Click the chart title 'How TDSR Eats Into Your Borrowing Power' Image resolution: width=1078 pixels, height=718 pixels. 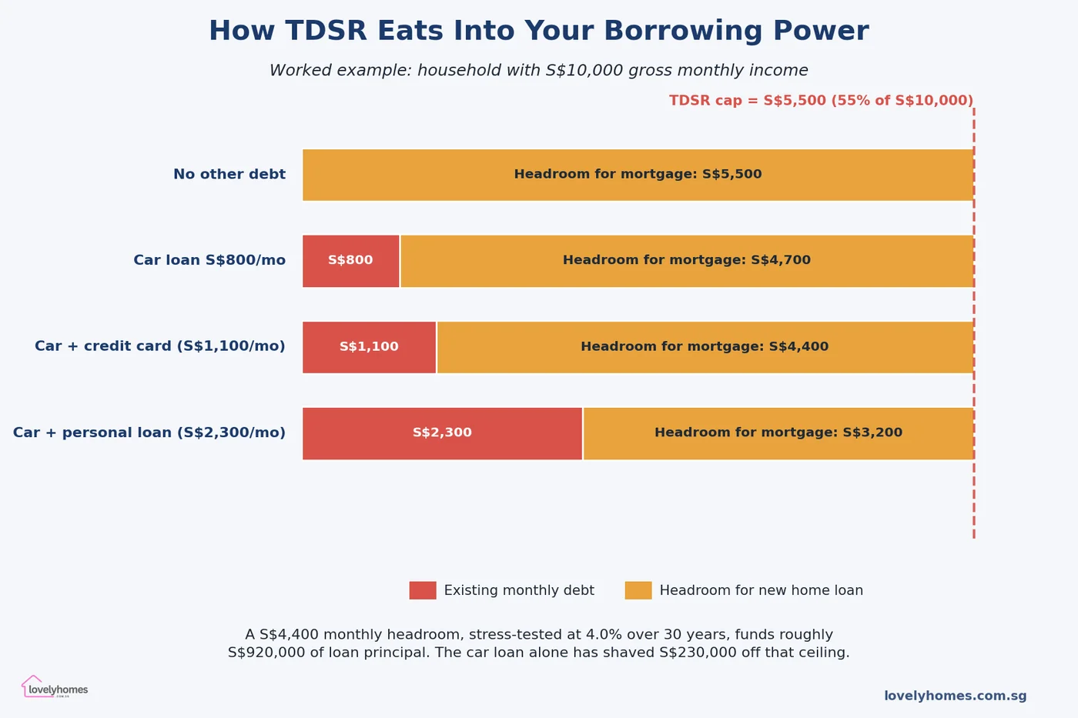(x=538, y=32)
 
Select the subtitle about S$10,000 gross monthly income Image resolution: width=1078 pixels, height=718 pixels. (x=538, y=71)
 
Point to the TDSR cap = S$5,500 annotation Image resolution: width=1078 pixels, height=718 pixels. (x=821, y=101)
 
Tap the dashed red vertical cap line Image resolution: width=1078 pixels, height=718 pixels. (x=974, y=500)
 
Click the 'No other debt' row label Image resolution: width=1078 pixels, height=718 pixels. (x=229, y=175)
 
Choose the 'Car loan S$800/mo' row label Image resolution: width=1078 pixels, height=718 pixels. (x=209, y=261)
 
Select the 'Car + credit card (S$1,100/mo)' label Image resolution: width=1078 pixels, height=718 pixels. (x=159, y=347)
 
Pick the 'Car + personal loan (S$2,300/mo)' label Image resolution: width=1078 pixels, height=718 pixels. (x=149, y=433)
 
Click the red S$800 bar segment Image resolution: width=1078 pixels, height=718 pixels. (x=350, y=261)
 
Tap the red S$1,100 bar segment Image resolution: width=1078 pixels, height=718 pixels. (x=369, y=347)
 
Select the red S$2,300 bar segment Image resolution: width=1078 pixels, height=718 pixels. (x=442, y=433)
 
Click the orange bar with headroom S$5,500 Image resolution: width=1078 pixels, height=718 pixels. (x=638, y=175)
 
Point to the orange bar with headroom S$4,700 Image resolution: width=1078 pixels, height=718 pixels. (x=686, y=261)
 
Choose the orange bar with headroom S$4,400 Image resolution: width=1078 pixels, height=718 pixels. (x=705, y=347)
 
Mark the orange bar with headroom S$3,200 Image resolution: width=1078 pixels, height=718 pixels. (x=778, y=433)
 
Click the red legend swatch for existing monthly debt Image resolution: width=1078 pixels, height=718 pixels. (x=423, y=590)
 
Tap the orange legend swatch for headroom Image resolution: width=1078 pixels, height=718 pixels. (x=638, y=590)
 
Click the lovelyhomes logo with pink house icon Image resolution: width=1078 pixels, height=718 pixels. (x=55, y=687)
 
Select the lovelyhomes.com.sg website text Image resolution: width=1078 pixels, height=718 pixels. (x=955, y=696)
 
